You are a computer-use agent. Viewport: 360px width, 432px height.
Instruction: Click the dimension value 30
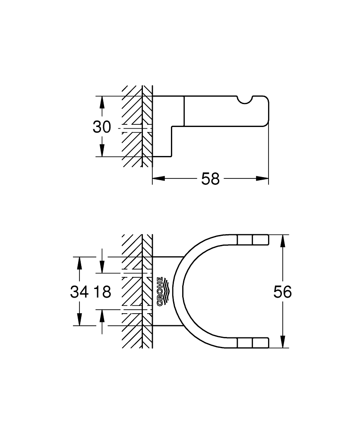click(102, 127)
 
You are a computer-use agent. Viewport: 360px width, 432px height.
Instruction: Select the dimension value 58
click(210, 178)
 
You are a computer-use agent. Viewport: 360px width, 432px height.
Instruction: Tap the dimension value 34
click(79, 292)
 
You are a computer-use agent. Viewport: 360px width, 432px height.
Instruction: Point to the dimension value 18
click(102, 292)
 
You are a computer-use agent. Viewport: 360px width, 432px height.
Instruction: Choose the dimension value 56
click(282, 292)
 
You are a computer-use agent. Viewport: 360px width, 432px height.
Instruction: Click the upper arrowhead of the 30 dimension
click(102, 102)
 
